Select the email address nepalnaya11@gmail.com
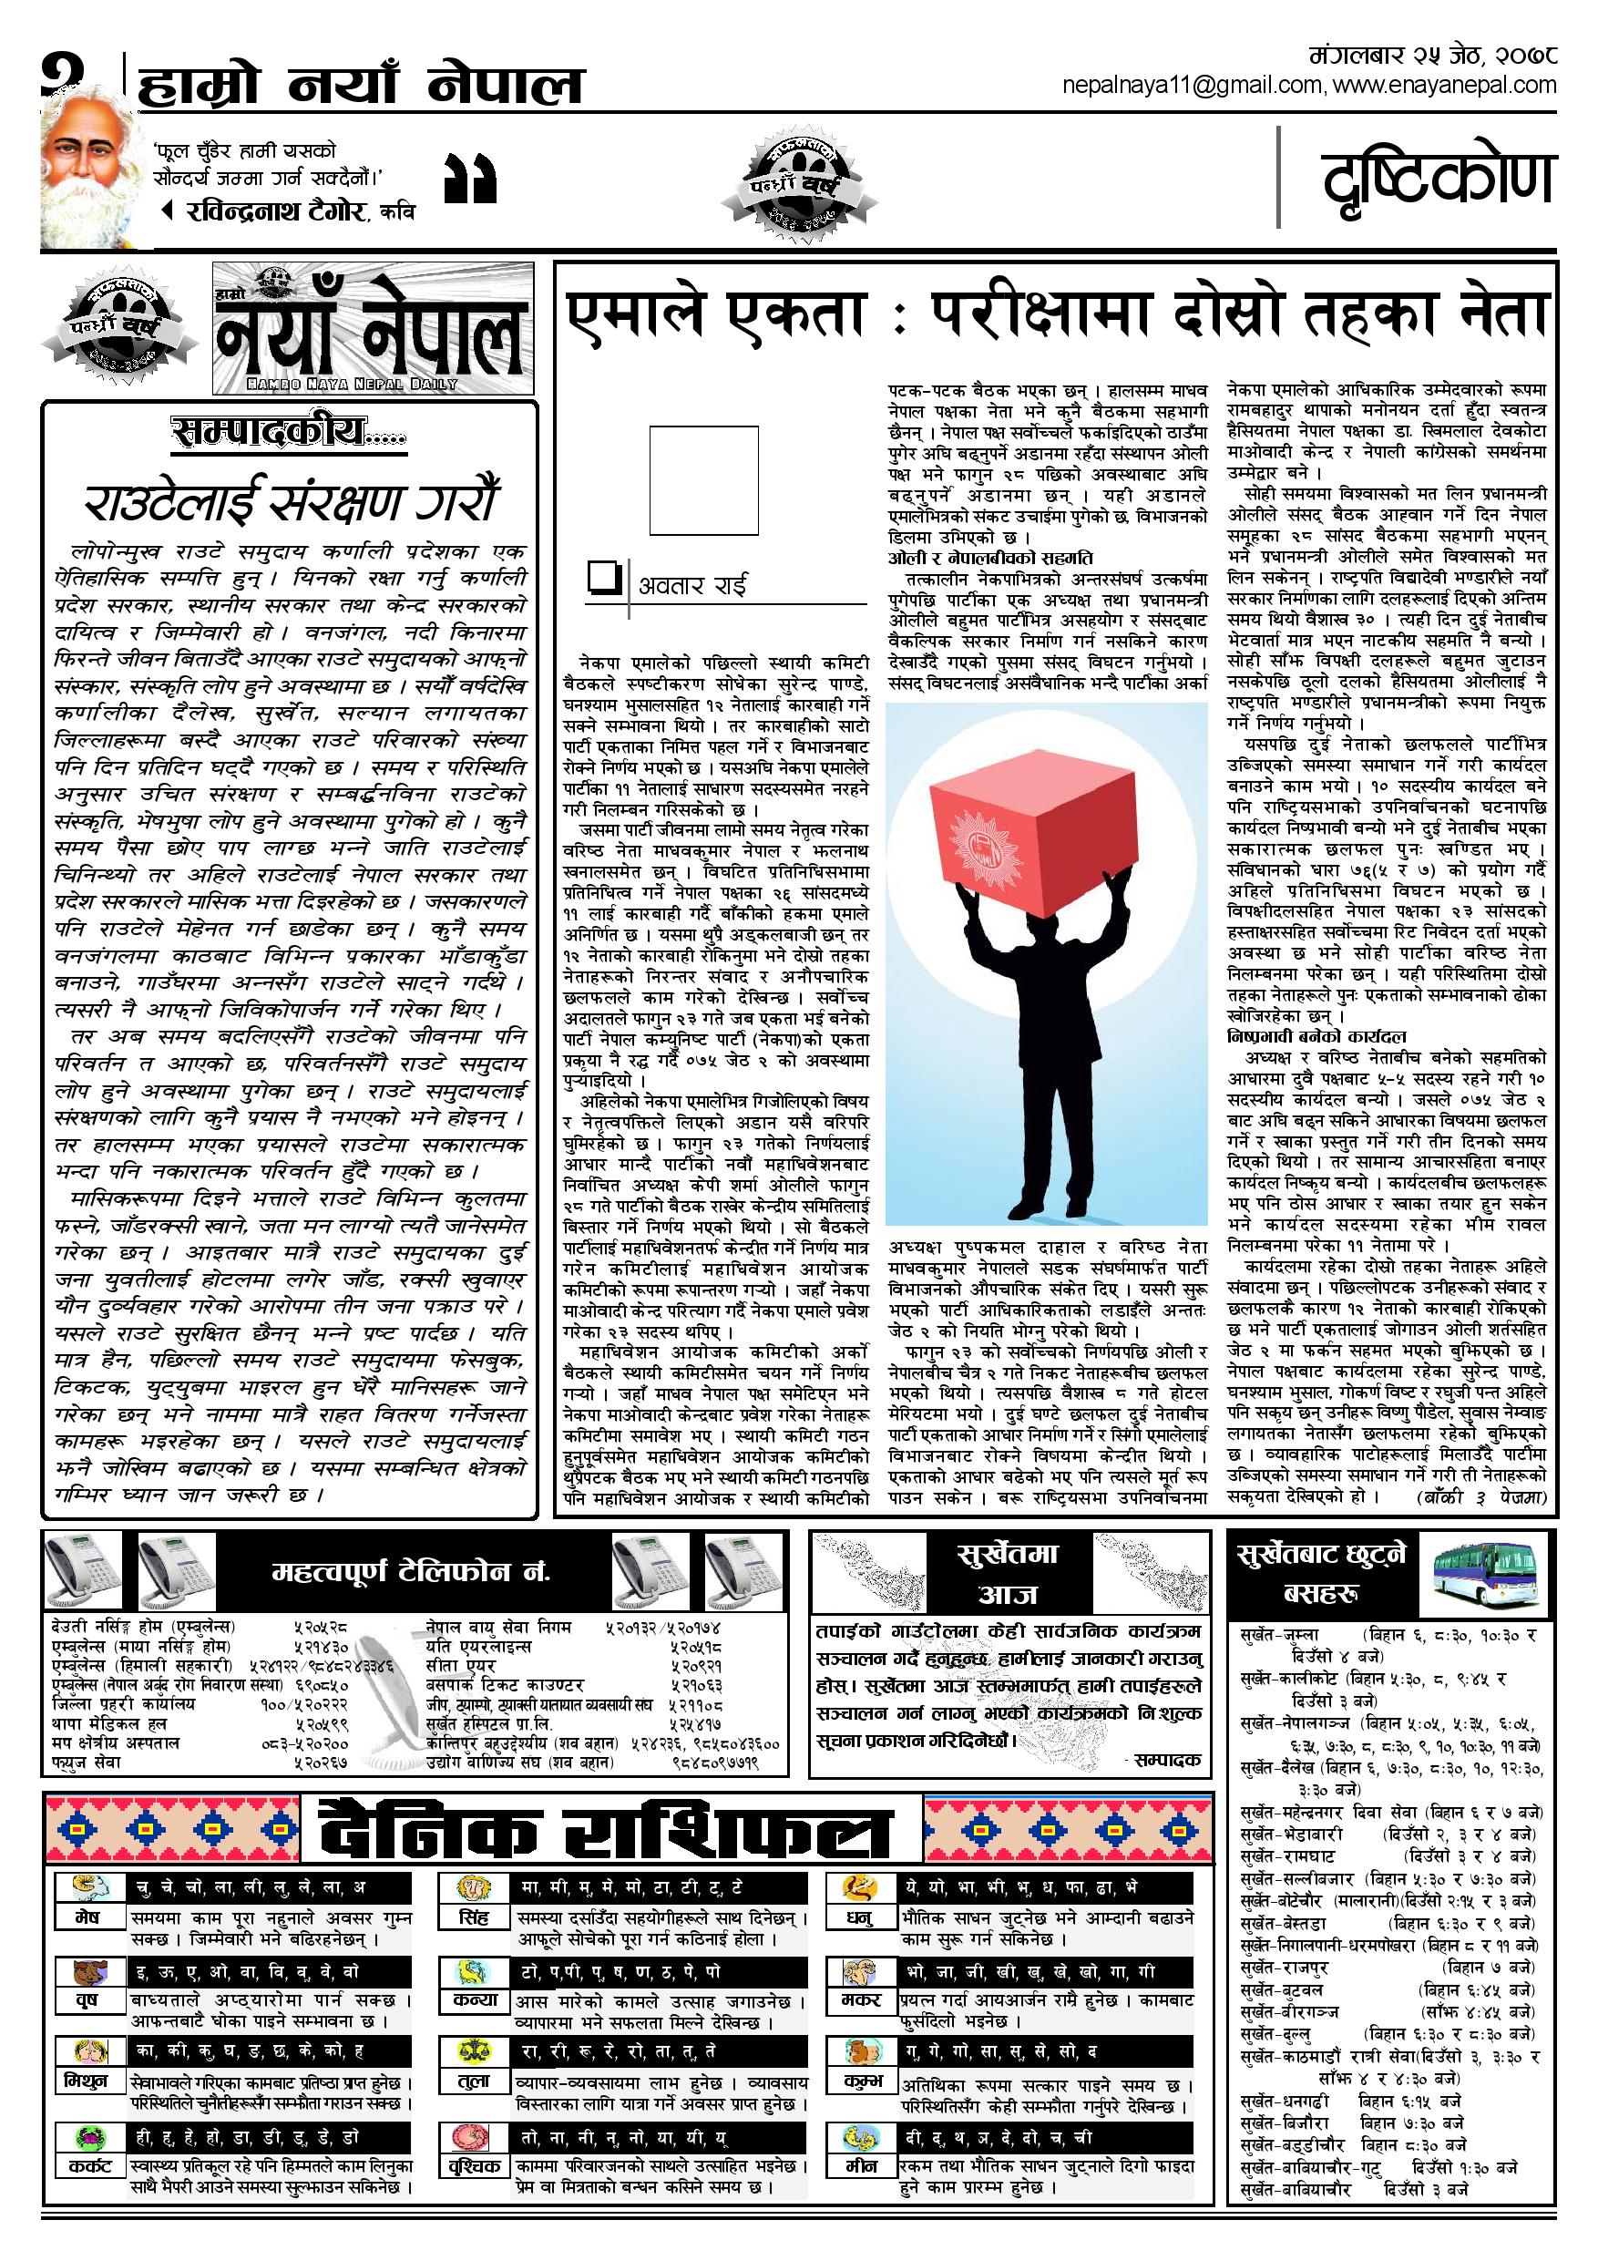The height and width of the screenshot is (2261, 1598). (x=1194, y=86)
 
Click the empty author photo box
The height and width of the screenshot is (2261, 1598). (x=704, y=479)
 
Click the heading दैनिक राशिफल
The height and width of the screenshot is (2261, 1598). (x=607, y=1831)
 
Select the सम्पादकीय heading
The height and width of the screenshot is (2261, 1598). (x=289, y=432)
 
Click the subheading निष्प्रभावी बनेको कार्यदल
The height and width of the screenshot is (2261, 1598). (x=1316, y=1036)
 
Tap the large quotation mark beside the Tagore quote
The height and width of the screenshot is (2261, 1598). (x=471, y=180)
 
